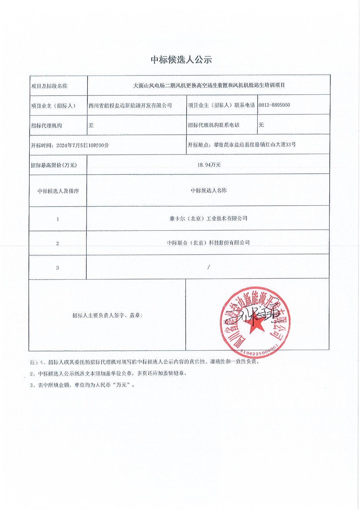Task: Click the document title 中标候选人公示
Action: (x=181, y=60)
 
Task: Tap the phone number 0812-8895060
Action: (x=274, y=105)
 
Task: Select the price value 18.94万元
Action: (x=209, y=165)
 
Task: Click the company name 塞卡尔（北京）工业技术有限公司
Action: (x=209, y=218)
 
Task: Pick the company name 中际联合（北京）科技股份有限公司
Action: (x=209, y=243)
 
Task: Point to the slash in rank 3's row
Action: (x=209, y=267)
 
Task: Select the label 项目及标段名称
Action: (x=49, y=86)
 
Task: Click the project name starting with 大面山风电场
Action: (x=209, y=85)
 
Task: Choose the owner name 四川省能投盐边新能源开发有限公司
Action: (x=130, y=106)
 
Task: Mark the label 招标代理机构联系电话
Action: (x=214, y=125)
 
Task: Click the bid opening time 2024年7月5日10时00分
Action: (x=83, y=145)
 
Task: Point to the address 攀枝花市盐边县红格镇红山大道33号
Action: (x=255, y=144)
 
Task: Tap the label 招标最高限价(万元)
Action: (x=54, y=165)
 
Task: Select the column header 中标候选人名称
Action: (x=209, y=190)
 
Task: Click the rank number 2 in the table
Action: (x=57, y=244)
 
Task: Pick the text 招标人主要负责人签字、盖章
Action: (x=107, y=315)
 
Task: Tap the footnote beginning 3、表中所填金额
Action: (x=82, y=385)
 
